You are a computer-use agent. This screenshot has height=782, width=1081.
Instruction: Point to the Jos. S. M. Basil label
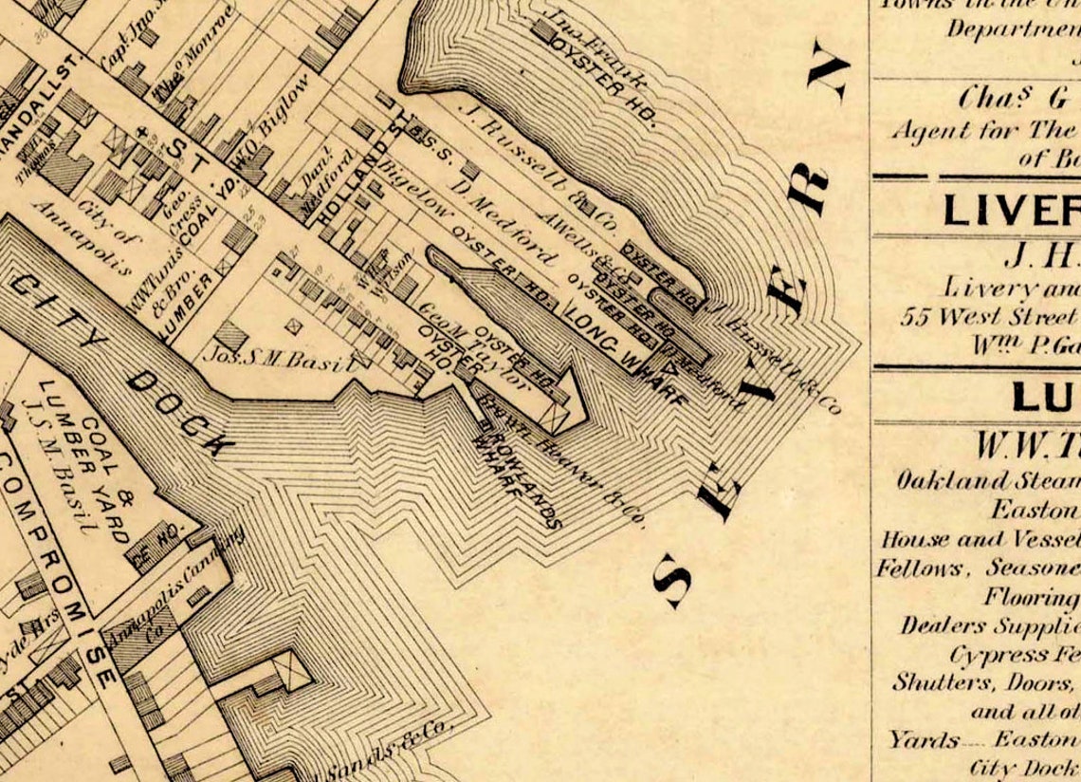coord(277,359)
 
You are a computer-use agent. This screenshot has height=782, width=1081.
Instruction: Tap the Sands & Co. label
coord(389,755)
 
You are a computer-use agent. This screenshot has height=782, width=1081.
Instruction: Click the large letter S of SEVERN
coord(676,582)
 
